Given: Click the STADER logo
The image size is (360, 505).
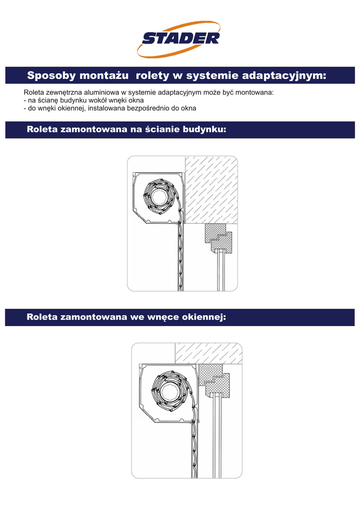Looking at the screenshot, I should [180, 38].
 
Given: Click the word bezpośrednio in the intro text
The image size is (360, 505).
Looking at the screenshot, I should [141, 108].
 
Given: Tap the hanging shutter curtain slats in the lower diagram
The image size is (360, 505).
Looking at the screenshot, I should [194, 444].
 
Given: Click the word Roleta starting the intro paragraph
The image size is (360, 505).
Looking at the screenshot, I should [34, 93].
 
